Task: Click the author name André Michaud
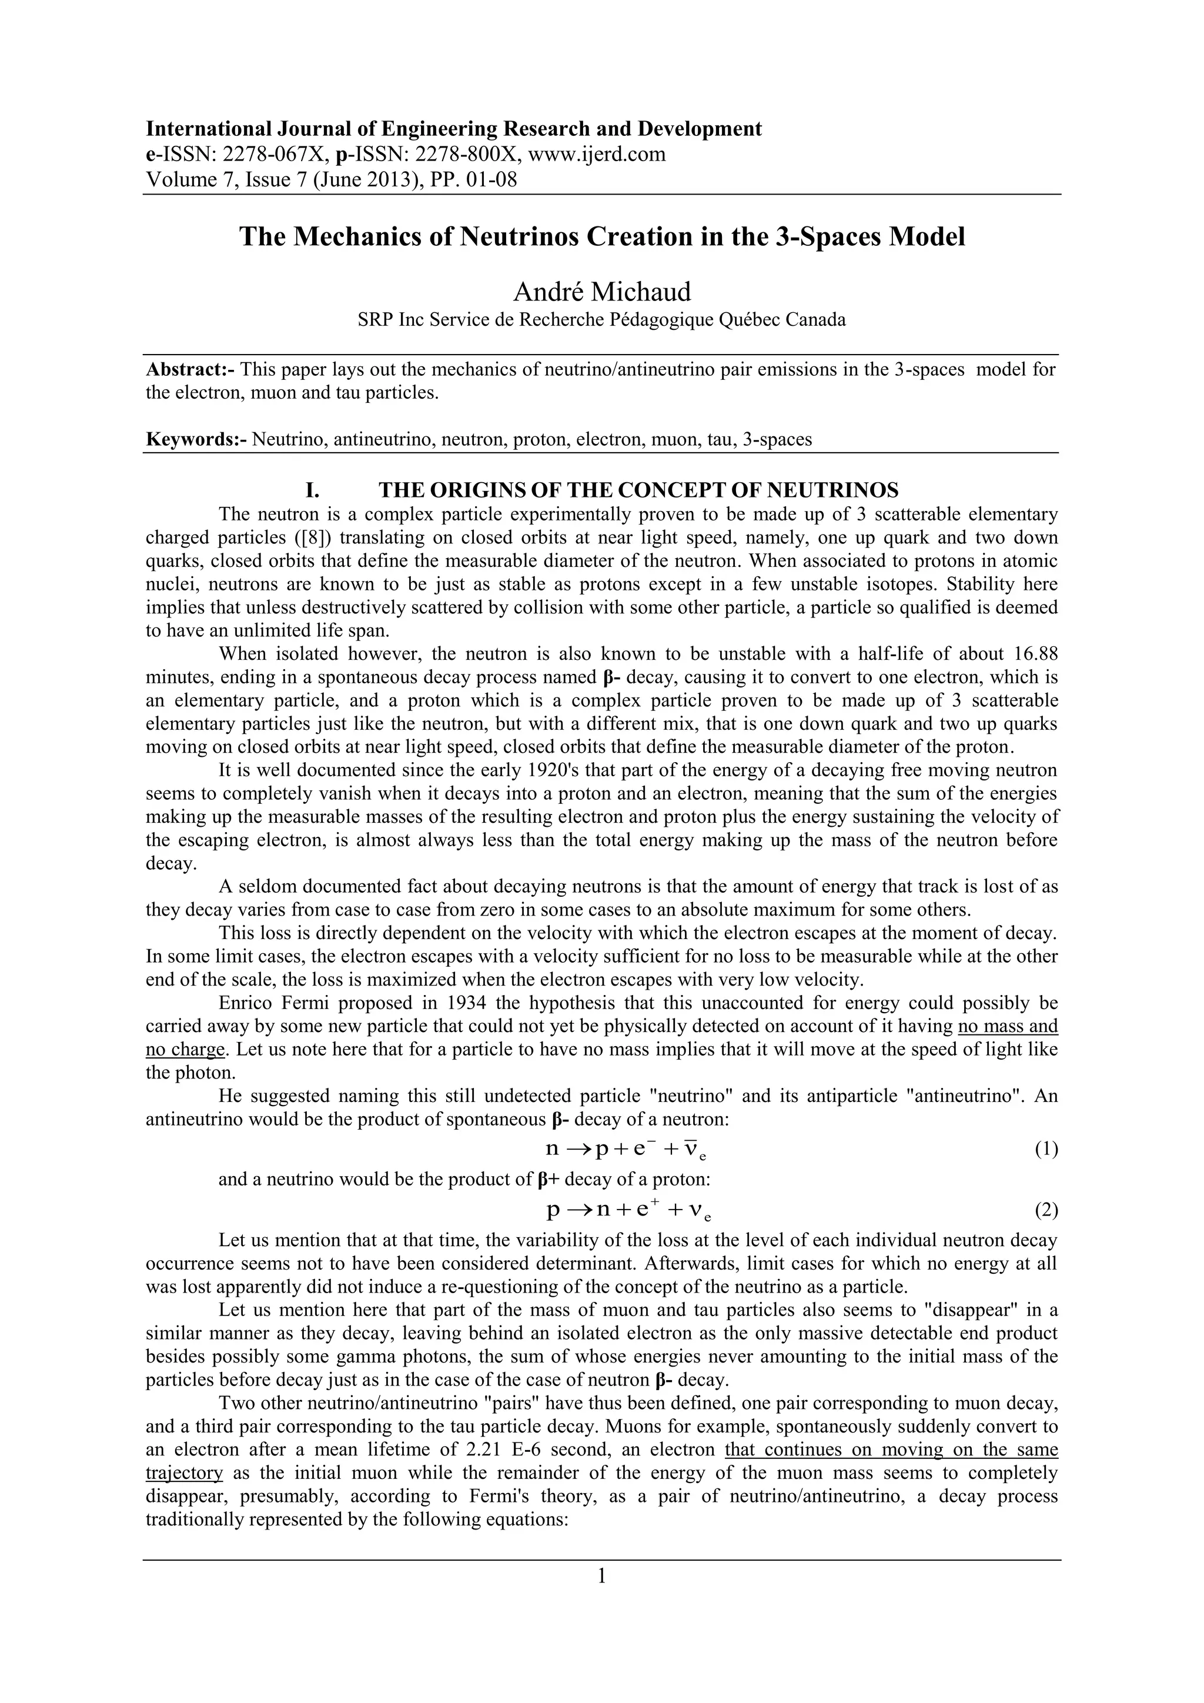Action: click(x=601, y=292)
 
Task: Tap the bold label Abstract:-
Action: click(x=190, y=369)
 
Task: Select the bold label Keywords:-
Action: click(x=196, y=439)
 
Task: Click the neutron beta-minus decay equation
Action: click(x=628, y=1149)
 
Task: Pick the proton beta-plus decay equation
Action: click(x=628, y=1210)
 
